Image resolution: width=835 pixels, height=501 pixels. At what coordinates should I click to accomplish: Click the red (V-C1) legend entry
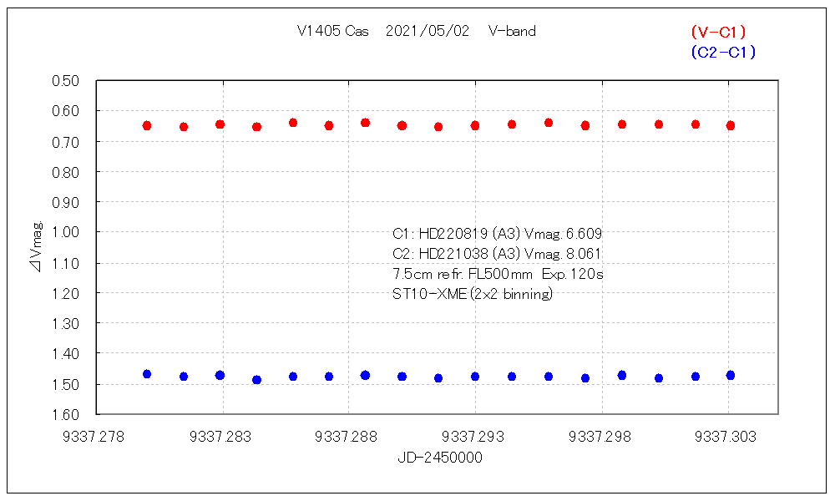pyautogui.click(x=718, y=32)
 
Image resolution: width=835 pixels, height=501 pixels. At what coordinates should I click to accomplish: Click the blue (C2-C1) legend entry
pyautogui.click(x=723, y=52)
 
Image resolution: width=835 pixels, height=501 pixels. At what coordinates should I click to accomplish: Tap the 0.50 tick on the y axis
pyautogui.click(x=65, y=81)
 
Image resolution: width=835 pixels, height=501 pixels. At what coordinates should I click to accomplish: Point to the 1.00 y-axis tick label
pyautogui.click(x=65, y=232)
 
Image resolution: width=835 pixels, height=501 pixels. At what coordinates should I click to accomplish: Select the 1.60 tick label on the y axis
pyautogui.click(x=65, y=415)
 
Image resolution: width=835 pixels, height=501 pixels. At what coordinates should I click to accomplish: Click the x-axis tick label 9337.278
pyautogui.click(x=97, y=436)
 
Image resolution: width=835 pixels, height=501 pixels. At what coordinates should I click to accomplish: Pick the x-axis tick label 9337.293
pyautogui.click(x=475, y=436)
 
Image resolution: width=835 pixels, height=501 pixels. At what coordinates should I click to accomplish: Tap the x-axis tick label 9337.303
pyautogui.click(x=727, y=436)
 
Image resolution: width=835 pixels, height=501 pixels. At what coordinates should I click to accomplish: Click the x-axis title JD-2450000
pyautogui.click(x=440, y=458)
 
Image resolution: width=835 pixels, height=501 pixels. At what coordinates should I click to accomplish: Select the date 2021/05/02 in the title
pyautogui.click(x=428, y=32)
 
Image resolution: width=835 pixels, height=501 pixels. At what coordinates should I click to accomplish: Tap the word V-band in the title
pyautogui.click(x=512, y=32)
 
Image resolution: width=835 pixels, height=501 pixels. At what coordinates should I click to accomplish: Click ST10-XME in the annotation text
pyautogui.click(x=423, y=294)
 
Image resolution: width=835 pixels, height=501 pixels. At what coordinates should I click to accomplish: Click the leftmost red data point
pyautogui.click(x=147, y=125)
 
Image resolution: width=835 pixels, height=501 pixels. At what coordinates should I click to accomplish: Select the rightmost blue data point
pyautogui.click(x=731, y=375)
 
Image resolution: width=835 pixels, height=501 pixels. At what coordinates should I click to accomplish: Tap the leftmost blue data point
pyautogui.click(x=147, y=374)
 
